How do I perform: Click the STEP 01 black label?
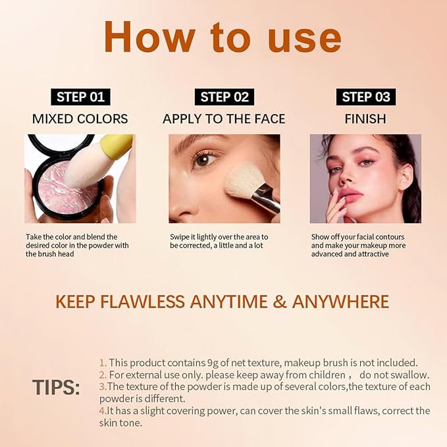tap(80, 97)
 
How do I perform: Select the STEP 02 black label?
tap(224, 97)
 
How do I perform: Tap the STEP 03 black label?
tap(365, 97)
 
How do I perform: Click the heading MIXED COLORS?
tap(80, 119)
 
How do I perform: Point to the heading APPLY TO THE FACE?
tap(224, 119)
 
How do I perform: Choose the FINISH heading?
tap(365, 119)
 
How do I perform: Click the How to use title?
tap(223, 38)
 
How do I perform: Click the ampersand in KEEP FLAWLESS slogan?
tap(280, 302)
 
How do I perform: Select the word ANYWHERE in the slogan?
tap(340, 302)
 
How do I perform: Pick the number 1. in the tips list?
tap(103, 362)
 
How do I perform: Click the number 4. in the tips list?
tap(103, 411)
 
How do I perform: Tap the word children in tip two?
tap(319, 375)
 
